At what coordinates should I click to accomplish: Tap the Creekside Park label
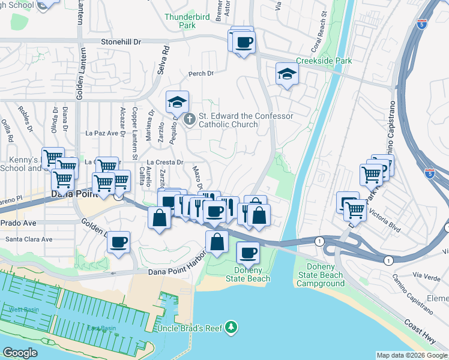[324, 61]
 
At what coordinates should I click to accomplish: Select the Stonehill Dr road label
[120, 42]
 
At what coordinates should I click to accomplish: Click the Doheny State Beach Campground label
[320, 275]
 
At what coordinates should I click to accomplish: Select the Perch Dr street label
[200, 74]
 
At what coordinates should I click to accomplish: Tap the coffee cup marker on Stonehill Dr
[244, 43]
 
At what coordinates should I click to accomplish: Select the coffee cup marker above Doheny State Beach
[247, 253]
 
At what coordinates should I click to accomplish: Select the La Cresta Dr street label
[164, 162]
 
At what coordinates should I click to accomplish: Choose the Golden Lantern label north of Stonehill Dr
[79, 18]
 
